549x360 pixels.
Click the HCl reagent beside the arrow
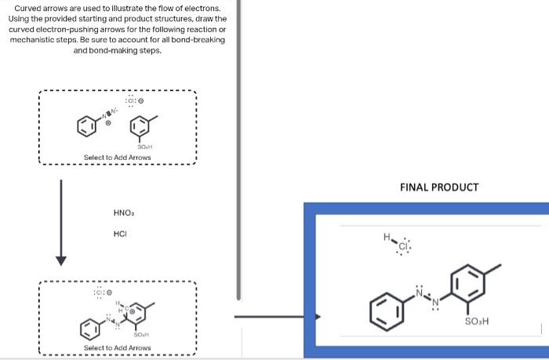tap(121, 234)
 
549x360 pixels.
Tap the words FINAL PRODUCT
tap(438, 187)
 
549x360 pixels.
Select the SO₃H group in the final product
tap(475, 322)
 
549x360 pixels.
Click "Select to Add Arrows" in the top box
tap(118, 158)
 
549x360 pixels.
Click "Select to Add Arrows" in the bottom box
tap(118, 347)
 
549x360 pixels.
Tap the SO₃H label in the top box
tap(144, 147)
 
